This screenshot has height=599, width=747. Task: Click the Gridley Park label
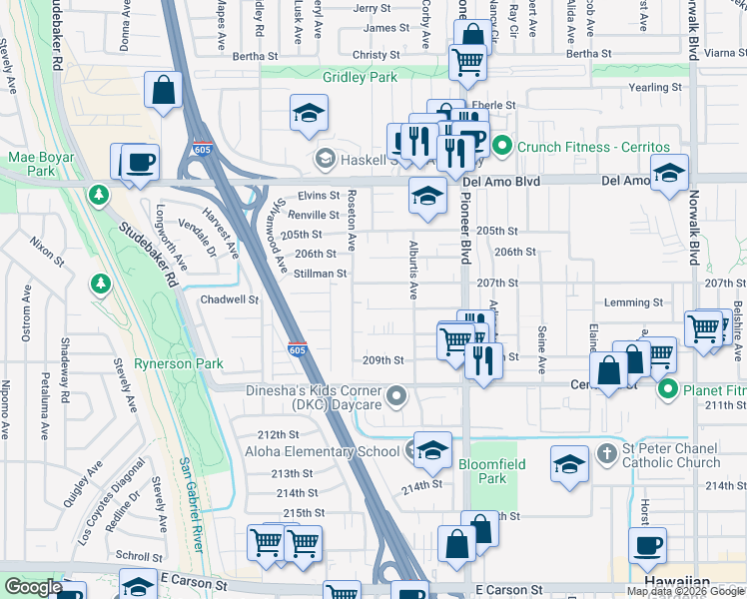point(360,77)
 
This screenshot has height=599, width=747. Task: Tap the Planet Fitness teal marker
point(667,389)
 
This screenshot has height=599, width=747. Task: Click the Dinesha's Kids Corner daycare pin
point(397,397)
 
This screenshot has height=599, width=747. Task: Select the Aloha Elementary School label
point(312,452)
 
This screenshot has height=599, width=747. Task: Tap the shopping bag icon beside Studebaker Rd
point(163,90)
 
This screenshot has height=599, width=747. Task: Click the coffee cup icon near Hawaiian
point(647,545)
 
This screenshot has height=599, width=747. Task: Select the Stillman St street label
point(321,274)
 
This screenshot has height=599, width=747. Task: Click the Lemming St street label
point(634,302)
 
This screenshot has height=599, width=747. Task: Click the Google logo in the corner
point(32,586)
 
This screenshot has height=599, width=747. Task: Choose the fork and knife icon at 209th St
point(483,359)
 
